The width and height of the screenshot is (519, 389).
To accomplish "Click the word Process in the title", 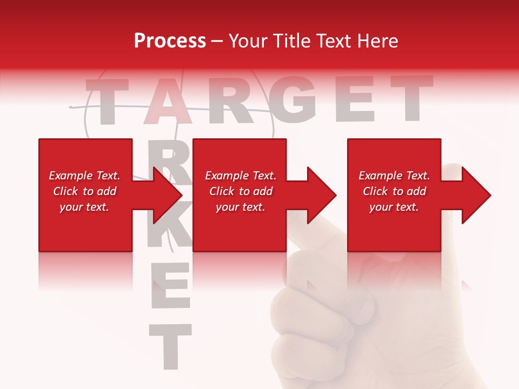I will [170, 41].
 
